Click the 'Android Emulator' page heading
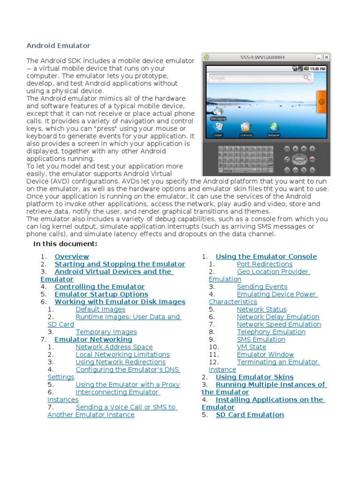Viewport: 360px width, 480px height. [x=58, y=45]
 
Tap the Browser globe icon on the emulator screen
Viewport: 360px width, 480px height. [x=274, y=127]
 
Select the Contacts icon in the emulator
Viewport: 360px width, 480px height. [x=246, y=127]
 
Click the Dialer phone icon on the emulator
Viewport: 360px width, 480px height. [x=218, y=127]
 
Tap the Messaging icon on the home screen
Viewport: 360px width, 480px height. [x=217, y=112]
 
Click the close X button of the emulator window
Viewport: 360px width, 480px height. [x=327, y=57]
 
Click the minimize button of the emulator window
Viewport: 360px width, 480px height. [x=319, y=57]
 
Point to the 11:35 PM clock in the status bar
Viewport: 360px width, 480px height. [x=317, y=68]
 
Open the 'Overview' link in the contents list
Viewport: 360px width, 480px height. [x=72, y=256]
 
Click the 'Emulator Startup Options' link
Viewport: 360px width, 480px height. [x=101, y=294]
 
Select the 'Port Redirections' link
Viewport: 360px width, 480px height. [x=264, y=264]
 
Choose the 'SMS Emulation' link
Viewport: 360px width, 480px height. [x=261, y=339]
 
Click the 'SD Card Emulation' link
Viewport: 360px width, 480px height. [x=249, y=415]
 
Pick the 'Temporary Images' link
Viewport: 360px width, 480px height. [x=106, y=332]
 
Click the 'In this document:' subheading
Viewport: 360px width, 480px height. [x=65, y=244]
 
